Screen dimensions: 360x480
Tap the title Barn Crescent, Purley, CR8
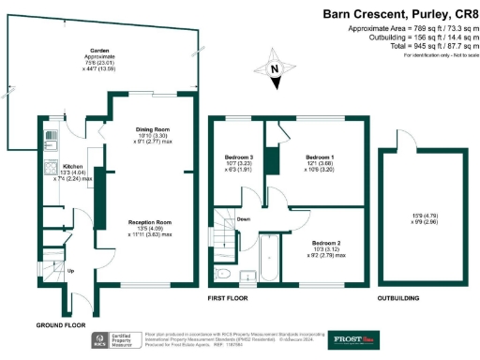click(x=398, y=14)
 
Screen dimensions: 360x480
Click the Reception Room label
click(x=148, y=222)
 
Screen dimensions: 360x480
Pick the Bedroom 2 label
click(x=325, y=243)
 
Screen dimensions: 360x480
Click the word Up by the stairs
click(x=71, y=272)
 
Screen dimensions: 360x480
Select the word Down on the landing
click(x=244, y=219)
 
